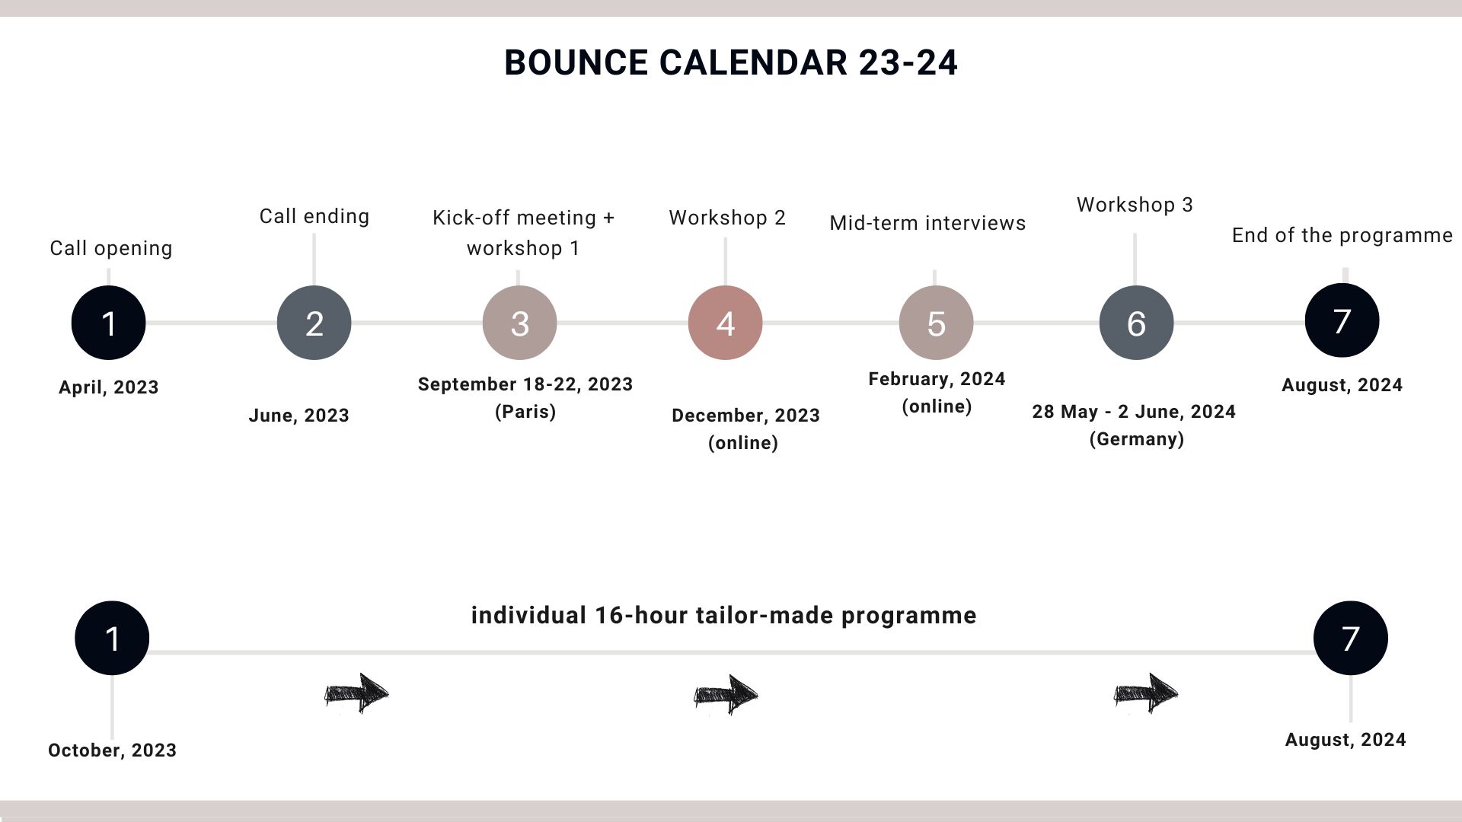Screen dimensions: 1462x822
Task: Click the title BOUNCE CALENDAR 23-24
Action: click(x=731, y=62)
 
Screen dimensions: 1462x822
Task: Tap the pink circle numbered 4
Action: click(x=725, y=323)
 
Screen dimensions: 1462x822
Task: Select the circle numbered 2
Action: click(x=314, y=323)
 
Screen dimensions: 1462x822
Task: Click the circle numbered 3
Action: click(x=519, y=323)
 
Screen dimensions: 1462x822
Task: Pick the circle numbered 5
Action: click(x=936, y=323)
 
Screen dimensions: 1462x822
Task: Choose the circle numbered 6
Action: click(x=1136, y=323)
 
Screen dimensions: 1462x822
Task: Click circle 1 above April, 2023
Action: click(x=108, y=323)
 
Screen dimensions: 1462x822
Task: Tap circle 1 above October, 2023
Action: click(x=112, y=638)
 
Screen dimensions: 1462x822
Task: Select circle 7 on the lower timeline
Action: click(x=1350, y=638)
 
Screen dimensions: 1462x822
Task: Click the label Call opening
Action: click(x=111, y=249)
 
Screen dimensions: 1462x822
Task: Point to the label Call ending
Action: click(x=314, y=217)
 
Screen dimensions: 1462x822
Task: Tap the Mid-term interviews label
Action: click(x=927, y=223)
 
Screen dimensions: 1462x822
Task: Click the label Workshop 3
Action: click(x=1135, y=205)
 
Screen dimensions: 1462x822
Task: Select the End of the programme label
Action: click(x=1342, y=236)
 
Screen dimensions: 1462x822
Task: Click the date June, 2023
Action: click(x=298, y=416)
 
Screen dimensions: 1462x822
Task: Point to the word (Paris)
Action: click(x=525, y=412)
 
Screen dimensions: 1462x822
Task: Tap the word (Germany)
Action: click(x=1136, y=439)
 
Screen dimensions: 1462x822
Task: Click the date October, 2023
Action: click(x=112, y=750)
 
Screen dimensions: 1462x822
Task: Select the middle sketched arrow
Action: click(x=726, y=694)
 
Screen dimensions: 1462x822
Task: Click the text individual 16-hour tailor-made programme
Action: click(x=723, y=615)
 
